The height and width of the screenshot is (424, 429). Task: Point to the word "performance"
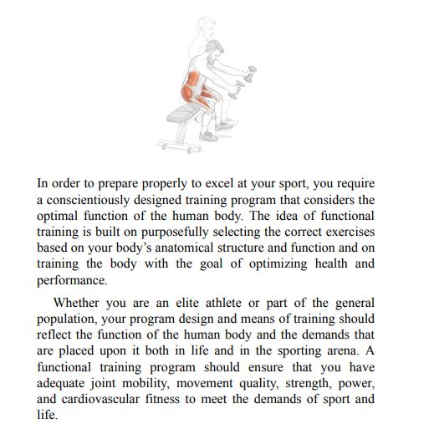point(73,280)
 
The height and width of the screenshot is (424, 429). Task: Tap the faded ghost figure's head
point(200,24)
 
